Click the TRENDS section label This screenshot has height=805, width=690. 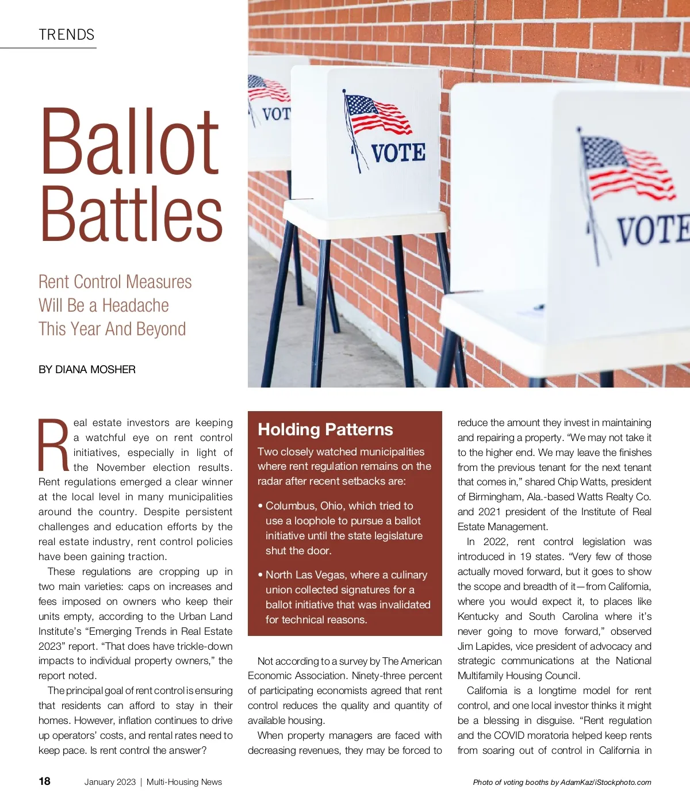[67, 35]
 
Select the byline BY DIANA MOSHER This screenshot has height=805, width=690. [87, 370]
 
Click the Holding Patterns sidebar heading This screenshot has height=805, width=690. [325, 430]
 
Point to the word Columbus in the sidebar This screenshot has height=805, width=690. [290, 506]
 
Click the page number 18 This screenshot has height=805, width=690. [45, 781]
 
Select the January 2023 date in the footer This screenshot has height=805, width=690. [110, 782]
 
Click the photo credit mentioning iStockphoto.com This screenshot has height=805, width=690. [562, 782]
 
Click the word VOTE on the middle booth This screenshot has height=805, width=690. [398, 153]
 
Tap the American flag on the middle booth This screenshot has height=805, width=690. [377, 114]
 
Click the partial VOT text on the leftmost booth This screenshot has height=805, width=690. [275, 113]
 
